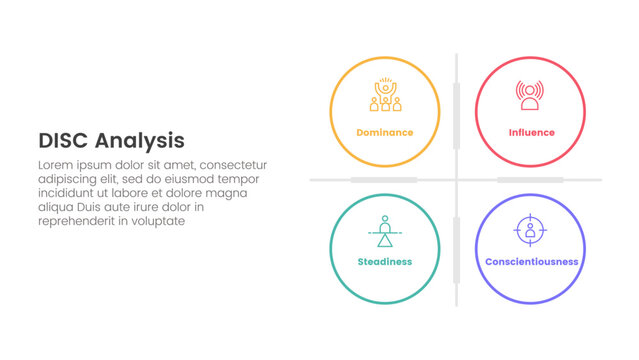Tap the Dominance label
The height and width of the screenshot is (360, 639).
(x=384, y=133)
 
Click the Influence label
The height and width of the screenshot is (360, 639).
(x=531, y=133)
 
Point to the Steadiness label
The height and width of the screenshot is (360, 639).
(x=384, y=262)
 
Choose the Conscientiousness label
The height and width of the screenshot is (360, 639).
(x=531, y=262)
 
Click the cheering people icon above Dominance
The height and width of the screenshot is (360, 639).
(x=384, y=96)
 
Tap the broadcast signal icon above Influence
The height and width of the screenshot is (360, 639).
(x=531, y=96)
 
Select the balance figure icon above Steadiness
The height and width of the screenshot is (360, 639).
(x=384, y=230)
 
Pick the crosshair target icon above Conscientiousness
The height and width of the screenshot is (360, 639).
(x=530, y=230)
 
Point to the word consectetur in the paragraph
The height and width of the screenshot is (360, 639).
(x=234, y=165)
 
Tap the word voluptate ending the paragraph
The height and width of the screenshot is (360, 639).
(x=158, y=221)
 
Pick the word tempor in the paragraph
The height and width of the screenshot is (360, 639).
(x=246, y=179)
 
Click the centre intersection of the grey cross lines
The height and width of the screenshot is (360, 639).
(x=457, y=180)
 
